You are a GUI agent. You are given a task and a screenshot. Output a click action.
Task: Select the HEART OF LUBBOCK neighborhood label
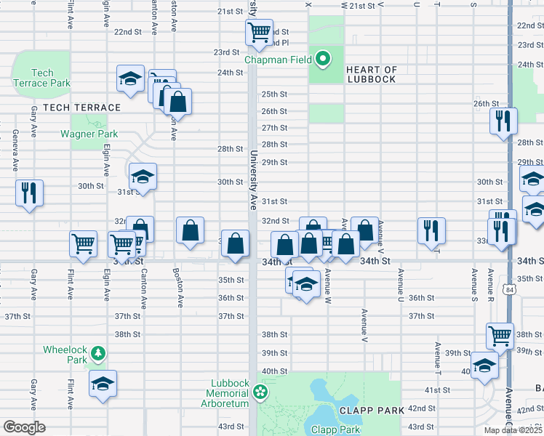(371, 74)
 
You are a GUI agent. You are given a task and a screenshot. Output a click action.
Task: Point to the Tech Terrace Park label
(42, 78)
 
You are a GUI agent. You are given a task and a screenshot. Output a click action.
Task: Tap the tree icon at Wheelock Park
(97, 354)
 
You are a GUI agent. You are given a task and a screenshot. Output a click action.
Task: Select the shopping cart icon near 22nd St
(258, 31)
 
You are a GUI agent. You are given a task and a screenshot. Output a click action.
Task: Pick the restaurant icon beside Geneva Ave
(29, 193)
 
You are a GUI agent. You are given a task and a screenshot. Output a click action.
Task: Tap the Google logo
(25, 427)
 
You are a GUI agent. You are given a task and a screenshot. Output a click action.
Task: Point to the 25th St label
(274, 94)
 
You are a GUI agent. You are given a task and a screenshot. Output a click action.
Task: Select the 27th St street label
(274, 128)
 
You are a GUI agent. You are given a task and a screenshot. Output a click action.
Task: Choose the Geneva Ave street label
(15, 150)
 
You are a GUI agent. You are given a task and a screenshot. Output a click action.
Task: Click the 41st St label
(438, 390)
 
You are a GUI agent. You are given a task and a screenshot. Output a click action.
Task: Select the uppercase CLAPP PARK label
(376, 411)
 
